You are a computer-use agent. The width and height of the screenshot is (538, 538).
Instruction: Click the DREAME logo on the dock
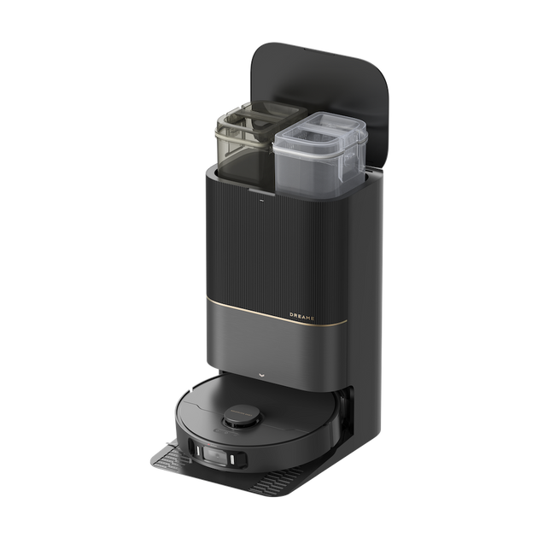tap(302, 316)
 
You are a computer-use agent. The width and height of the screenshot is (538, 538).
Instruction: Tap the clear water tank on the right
tap(319, 155)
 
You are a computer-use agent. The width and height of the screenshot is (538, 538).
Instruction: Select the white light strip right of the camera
tap(232, 459)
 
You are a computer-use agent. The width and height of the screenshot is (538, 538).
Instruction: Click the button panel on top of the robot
tap(225, 431)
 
